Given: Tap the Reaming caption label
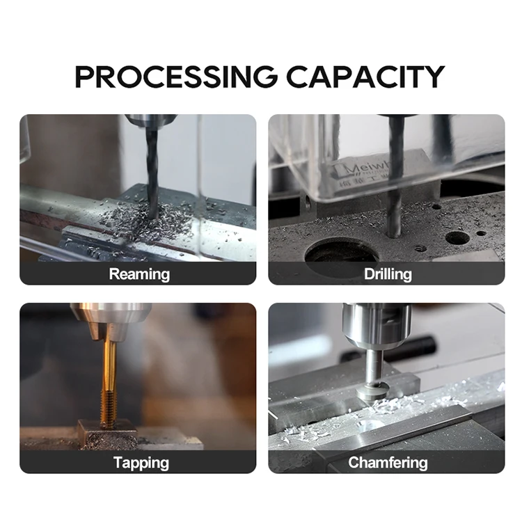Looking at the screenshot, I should coord(139,274).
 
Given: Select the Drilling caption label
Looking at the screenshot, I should coord(387,274).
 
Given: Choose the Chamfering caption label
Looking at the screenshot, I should coord(387,462).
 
